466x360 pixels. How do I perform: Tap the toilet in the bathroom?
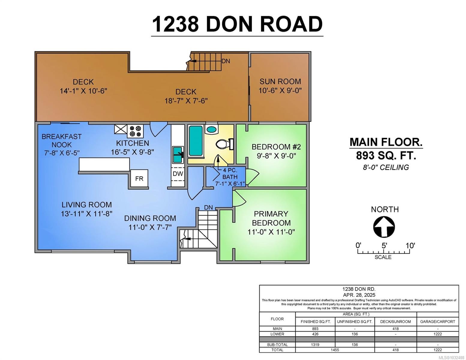224,144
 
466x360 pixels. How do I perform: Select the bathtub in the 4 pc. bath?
196,141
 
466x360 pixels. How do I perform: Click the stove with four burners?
135,131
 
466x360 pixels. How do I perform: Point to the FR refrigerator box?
139,179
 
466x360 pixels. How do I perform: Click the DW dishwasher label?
178,174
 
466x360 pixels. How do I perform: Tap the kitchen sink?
178,154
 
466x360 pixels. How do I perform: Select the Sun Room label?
280,81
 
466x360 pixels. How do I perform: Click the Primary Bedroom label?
271,218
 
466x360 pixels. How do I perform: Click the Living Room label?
86,205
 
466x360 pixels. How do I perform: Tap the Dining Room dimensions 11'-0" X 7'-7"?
150,227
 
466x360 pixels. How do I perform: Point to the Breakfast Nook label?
62,140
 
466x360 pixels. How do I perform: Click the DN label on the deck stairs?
226,61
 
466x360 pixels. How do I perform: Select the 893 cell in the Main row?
315,329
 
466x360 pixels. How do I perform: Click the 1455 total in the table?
335,350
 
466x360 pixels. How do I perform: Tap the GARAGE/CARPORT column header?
437,322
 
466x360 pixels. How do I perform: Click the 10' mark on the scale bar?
410,246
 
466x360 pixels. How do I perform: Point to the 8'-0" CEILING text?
386,167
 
